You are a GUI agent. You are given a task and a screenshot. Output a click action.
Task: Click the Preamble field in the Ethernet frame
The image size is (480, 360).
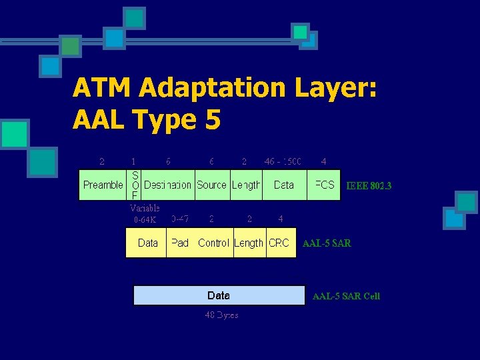(103, 185)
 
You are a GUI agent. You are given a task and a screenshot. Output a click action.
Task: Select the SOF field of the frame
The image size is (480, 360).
(135, 185)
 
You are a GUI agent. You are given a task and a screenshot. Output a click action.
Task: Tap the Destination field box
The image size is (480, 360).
(167, 185)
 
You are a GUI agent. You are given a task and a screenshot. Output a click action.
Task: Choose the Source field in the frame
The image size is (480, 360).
(211, 185)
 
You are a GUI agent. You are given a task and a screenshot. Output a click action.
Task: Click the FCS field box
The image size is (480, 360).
(324, 185)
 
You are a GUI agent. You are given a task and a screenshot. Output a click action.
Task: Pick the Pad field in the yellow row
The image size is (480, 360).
(180, 243)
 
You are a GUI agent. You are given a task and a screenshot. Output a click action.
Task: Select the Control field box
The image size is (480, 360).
(213, 243)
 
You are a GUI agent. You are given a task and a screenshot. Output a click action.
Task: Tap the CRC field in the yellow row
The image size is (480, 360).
(279, 243)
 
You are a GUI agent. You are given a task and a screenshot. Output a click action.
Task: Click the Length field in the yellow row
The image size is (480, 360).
(249, 243)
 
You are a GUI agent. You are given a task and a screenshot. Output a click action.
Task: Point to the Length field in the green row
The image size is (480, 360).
(246, 185)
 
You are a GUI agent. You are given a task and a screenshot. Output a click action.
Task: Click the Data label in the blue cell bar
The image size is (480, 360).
(219, 295)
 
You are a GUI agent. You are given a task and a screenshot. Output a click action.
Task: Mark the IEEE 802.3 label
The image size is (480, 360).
(369, 186)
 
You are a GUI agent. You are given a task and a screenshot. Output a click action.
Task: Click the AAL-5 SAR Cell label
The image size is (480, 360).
(346, 296)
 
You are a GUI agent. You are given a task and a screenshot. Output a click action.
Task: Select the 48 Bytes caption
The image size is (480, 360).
(221, 315)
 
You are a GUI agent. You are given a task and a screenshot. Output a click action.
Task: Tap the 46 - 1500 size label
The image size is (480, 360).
(283, 161)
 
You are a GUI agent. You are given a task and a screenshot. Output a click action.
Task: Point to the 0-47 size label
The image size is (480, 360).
(179, 218)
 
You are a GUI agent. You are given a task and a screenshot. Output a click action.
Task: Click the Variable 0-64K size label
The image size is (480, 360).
(145, 213)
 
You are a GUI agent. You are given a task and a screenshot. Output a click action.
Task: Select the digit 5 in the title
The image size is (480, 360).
(211, 120)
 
